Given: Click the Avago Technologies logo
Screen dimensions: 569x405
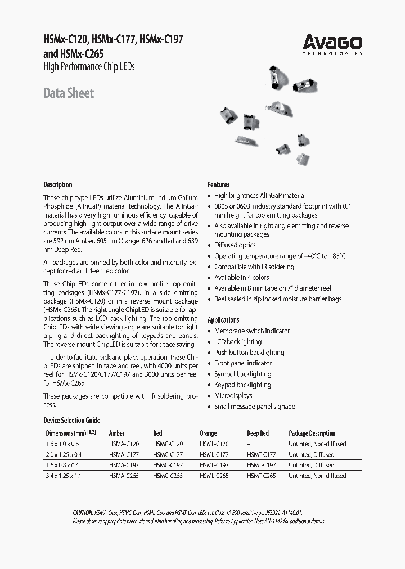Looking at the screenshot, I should (x=332, y=44).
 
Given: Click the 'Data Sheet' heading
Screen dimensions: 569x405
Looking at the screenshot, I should (x=69, y=93).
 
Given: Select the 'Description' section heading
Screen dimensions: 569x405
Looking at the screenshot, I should (x=58, y=184).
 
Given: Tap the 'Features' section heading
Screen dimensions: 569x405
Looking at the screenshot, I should (x=219, y=184).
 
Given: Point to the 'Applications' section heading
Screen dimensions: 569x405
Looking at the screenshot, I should (x=223, y=319).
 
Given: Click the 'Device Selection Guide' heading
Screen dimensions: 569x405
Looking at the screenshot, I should (x=71, y=421).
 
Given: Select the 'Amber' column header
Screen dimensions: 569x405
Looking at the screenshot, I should (x=116, y=433).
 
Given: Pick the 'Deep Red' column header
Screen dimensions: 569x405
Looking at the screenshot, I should (x=258, y=433).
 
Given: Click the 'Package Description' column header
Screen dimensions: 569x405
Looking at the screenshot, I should (x=312, y=433).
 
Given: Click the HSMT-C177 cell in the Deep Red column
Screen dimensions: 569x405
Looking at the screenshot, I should (x=262, y=454).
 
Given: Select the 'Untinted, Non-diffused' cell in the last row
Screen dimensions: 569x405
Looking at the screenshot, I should (x=317, y=476).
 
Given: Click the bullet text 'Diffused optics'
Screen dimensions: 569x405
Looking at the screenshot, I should (x=235, y=245).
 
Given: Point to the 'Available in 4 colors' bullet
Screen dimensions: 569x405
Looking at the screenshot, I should (x=241, y=278).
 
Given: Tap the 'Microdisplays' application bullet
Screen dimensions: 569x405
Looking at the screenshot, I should (x=233, y=396).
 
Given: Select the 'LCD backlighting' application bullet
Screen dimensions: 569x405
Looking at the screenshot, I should (x=237, y=342).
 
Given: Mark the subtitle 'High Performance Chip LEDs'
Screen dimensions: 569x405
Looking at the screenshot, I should (x=89, y=67).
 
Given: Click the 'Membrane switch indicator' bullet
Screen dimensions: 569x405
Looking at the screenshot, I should (x=251, y=331).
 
